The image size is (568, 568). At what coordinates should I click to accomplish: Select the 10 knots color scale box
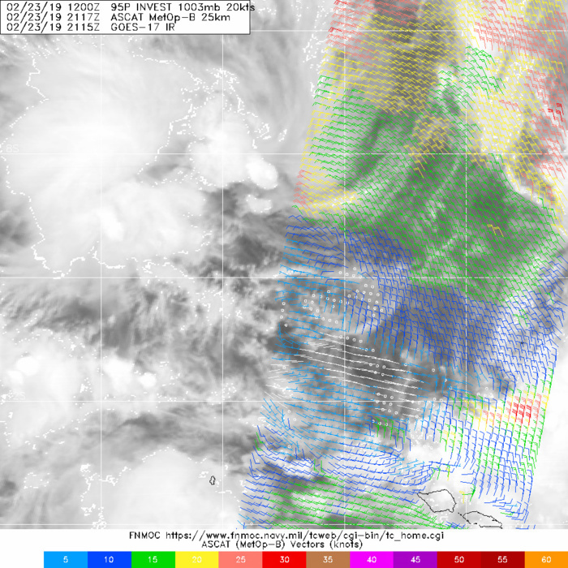[109, 559]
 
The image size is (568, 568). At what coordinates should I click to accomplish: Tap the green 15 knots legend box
[153, 559]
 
